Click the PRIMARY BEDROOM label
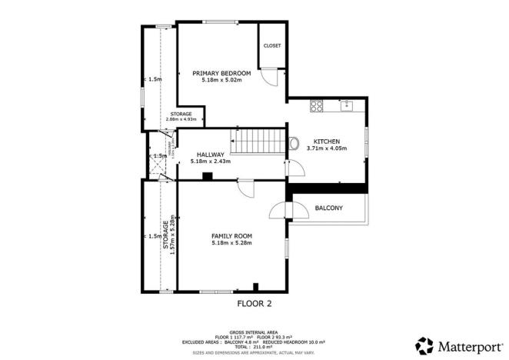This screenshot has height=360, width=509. click(221, 73)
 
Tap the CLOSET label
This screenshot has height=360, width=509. click(272, 46)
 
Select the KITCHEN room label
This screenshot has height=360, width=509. click(328, 141)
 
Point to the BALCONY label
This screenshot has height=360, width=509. click(329, 208)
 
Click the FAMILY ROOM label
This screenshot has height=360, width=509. click(232, 236)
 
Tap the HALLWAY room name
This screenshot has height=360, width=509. click(210, 155)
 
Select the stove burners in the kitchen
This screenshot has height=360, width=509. click(315, 105)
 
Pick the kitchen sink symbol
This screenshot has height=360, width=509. click(347, 105)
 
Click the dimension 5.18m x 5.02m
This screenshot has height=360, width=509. click(221, 80)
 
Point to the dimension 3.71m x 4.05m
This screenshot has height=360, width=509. click(328, 148)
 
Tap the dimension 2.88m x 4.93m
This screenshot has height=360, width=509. click(181, 120)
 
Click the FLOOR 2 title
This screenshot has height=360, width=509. click(254, 303)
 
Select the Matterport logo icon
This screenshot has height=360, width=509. click(424, 344)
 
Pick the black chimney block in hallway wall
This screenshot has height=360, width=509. click(207, 176)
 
